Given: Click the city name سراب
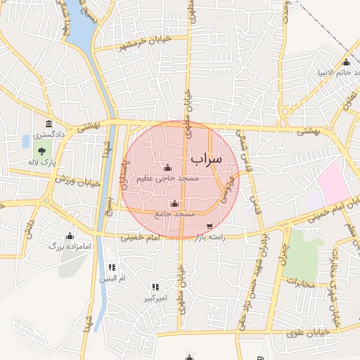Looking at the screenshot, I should [205, 159].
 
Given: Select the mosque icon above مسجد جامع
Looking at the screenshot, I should [174, 202].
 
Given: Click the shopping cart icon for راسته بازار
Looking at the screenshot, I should [210, 226].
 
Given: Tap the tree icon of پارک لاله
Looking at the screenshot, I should [42, 150].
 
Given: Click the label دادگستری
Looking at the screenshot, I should [50, 134].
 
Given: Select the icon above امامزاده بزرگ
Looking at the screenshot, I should [70, 236].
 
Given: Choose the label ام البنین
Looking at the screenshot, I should [111, 279].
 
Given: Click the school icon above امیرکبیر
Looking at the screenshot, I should [155, 287].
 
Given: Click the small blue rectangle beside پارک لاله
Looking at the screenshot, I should [26, 141].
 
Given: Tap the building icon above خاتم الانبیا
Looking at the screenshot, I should [346, 61].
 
